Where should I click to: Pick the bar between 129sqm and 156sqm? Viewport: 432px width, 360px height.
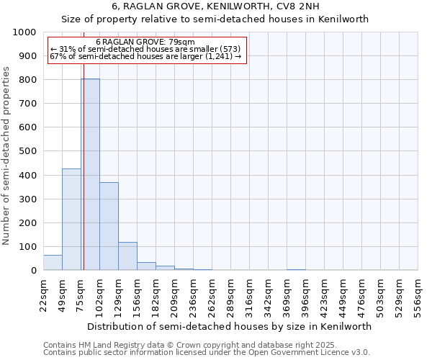pos(127,256)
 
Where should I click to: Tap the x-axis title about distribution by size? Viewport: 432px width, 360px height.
pos(230,326)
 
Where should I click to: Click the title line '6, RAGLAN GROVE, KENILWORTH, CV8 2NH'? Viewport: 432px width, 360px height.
pos(215,6)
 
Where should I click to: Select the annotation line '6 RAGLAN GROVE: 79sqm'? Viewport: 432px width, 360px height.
pos(145,42)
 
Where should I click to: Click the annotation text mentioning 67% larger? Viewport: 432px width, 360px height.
pos(145,57)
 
